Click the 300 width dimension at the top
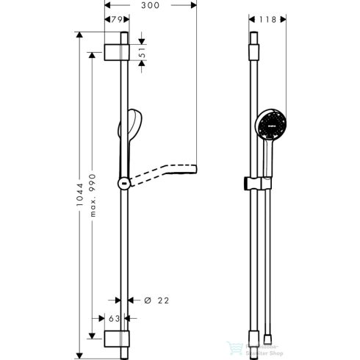(x=152, y=7)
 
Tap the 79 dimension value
(x=116, y=21)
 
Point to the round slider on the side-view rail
(x=123, y=183)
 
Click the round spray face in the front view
(x=268, y=125)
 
